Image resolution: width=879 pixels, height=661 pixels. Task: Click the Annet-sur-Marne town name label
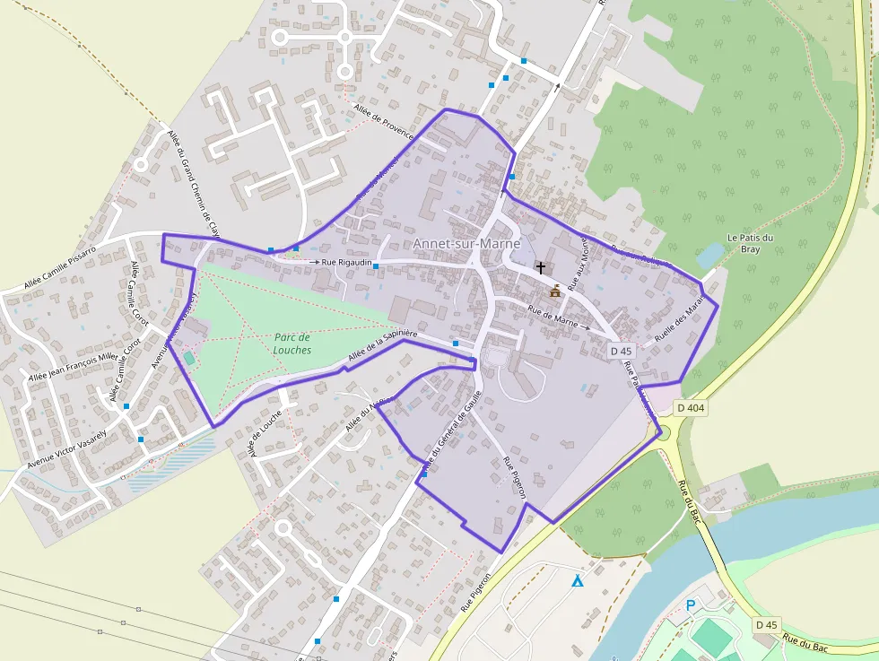coord(466,244)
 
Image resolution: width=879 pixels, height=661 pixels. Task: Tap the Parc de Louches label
coord(293,344)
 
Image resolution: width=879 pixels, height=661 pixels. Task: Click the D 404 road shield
coord(692,408)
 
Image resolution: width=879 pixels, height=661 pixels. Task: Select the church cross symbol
coord(540,267)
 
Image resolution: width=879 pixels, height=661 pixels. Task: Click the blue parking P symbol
coord(691,606)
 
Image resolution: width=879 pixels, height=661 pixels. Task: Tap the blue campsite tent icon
coord(578,581)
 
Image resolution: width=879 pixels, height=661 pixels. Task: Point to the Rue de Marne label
coord(553,316)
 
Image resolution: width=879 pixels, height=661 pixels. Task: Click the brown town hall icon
coord(555,291)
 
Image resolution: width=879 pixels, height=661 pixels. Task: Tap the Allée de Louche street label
coord(265,433)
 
